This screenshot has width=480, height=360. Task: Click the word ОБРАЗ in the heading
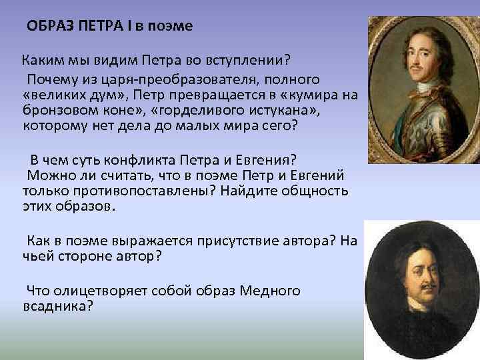[x=49, y=27]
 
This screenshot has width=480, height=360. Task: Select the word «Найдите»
[x=254, y=191]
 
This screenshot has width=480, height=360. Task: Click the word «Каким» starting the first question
[x=39, y=62]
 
